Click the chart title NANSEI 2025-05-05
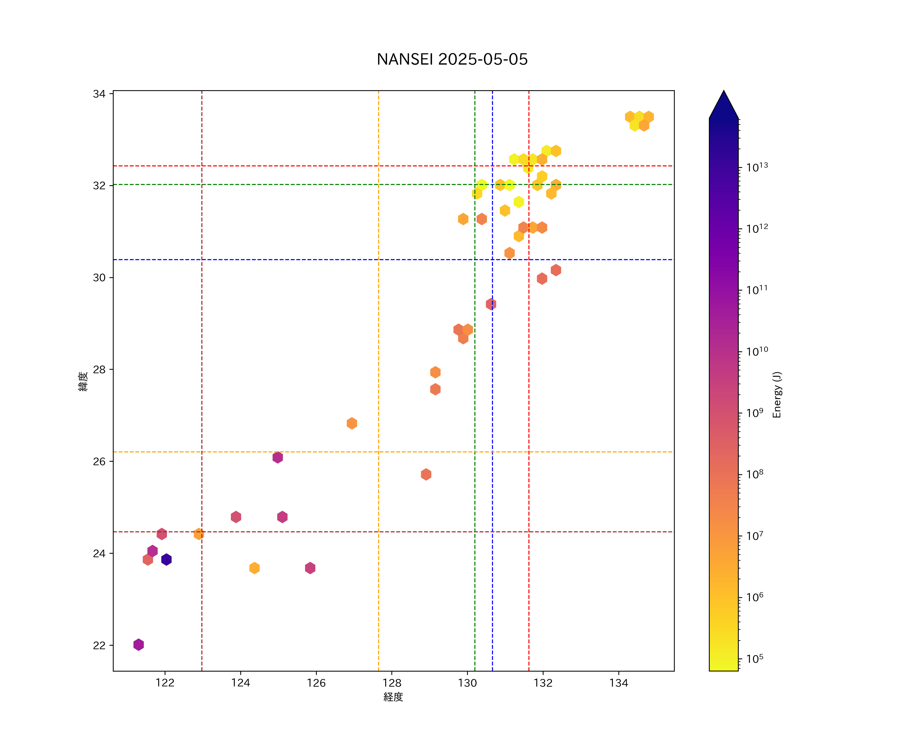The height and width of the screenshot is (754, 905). click(452, 60)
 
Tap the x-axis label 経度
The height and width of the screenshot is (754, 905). click(393, 697)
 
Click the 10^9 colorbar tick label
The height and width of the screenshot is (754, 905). click(755, 413)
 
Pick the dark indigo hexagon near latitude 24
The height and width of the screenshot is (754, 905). click(166, 559)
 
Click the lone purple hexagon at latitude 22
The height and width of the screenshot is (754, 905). click(138, 645)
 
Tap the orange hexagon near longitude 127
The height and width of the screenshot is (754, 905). click(352, 423)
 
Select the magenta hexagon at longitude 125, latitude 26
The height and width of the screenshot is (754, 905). click(278, 457)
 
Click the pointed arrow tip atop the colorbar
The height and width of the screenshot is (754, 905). click(723, 93)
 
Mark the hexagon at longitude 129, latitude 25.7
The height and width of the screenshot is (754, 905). click(426, 474)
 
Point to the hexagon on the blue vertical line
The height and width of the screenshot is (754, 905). click(491, 304)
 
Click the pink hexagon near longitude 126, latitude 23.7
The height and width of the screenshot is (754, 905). click(310, 568)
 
